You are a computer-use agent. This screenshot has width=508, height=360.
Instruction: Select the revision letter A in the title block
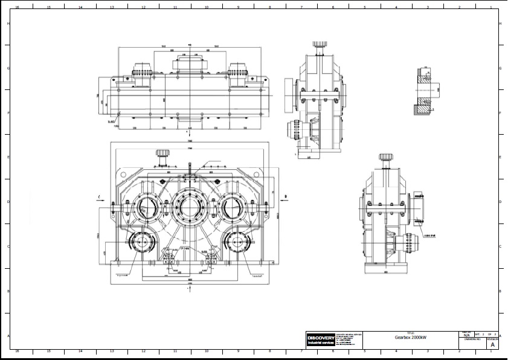tap(492, 346)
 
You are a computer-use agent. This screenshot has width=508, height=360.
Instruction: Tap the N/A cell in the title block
tap(466, 335)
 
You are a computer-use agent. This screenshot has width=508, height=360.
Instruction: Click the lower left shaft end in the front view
tap(141, 243)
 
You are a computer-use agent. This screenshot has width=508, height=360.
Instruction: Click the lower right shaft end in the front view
tap(239, 243)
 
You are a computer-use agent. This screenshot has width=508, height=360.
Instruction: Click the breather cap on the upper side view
tap(320, 45)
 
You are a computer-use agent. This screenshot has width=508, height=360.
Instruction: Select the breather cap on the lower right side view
tap(385, 158)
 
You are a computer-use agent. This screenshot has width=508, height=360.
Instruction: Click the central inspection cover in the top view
tap(190, 63)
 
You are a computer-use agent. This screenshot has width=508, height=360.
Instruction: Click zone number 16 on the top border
tap(17, 7)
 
